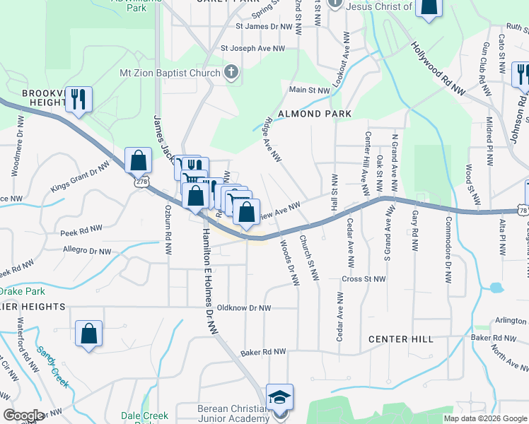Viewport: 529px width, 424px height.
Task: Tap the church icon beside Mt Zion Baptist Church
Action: click(231, 72)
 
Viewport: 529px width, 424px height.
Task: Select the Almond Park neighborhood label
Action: click(315, 113)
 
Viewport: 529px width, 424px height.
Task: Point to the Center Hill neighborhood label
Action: click(400, 339)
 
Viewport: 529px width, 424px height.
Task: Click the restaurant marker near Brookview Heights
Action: click(79, 99)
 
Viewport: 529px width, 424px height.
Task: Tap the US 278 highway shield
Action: click(144, 182)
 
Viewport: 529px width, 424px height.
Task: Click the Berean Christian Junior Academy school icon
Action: click(279, 396)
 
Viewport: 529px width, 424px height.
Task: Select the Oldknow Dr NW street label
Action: click(244, 308)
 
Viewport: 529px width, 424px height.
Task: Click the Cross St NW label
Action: click(364, 279)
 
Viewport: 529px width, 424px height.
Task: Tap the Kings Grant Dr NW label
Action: click(80, 178)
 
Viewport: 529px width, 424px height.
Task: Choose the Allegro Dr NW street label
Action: click(87, 252)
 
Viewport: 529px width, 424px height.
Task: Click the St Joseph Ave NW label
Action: click(252, 49)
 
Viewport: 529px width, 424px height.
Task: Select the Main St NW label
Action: click(309, 90)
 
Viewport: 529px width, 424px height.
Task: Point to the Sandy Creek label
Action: click(53, 367)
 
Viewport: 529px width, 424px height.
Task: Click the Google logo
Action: click(23, 416)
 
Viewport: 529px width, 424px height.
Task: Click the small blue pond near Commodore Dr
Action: click(496, 288)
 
